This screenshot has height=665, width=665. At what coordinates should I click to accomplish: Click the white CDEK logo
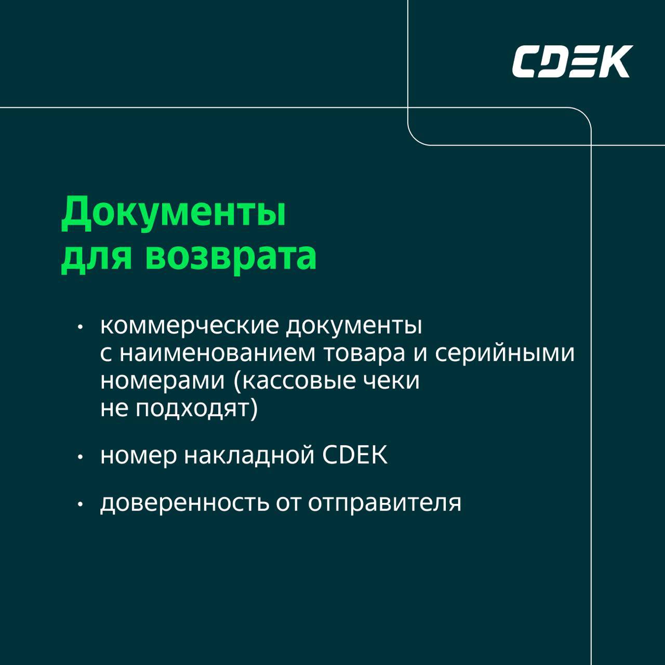pos(573,61)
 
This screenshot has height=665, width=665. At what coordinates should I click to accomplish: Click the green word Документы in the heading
pos(174,212)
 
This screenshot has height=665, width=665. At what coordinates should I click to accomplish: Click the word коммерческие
pos(190,326)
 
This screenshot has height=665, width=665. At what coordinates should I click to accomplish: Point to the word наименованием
pos(217,353)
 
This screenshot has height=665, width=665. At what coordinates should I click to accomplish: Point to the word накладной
pos(249,456)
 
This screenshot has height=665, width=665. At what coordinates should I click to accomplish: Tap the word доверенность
pos(184,503)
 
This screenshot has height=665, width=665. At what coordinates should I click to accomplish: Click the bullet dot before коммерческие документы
pos(81,327)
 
